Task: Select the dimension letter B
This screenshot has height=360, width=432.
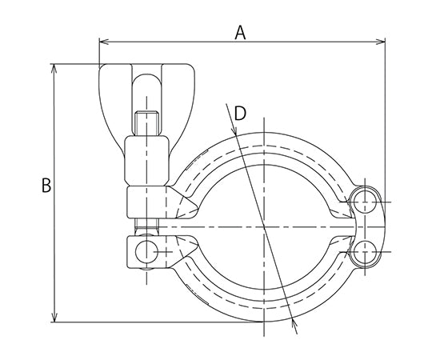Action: point(46,186)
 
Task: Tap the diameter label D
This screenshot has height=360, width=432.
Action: point(238,114)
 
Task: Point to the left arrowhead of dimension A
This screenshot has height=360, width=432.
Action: point(102,42)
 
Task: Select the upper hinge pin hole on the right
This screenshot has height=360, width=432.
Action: point(366,199)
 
